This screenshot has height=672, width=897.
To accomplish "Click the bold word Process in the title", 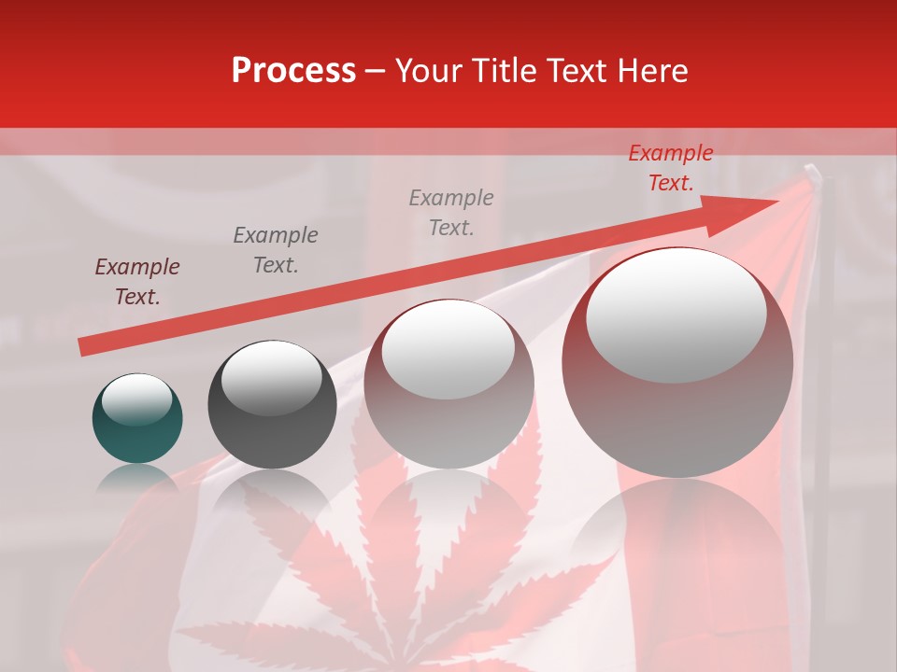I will (293, 71).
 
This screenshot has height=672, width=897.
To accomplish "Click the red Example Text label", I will (670, 168).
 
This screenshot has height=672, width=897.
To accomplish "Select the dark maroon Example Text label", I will (137, 282).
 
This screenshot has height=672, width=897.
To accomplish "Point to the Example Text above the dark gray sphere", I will (276, 249).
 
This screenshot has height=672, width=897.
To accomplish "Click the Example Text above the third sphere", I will (451, 212).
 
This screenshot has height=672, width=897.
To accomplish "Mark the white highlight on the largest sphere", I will (676, 315).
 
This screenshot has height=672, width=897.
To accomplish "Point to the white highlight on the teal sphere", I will (136, 399).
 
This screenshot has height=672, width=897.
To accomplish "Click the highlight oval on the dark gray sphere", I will (271, 378).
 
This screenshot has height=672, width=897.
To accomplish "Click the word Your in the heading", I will (429, 71).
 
